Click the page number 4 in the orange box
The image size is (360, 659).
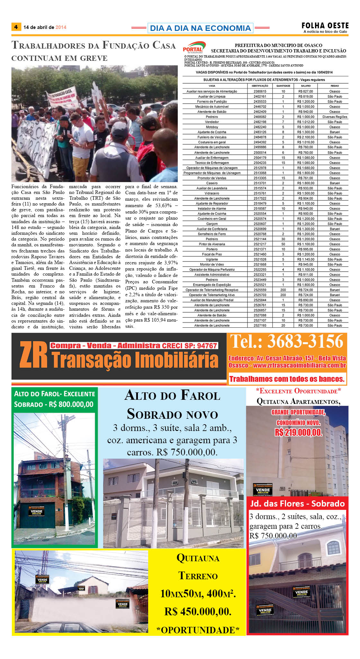click(16, 27)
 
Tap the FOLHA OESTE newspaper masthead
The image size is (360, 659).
click(325, 25)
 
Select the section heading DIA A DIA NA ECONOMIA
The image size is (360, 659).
click(200, 28)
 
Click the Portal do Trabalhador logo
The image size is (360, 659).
click(194, 48)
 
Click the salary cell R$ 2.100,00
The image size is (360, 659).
click(306, 137)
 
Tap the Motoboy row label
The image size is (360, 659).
click(212, 127)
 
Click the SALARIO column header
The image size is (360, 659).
click(306, 86)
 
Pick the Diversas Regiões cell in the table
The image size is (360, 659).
click(335, 117)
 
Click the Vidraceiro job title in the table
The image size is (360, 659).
click(212, 193)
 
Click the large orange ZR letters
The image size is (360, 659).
click(33, 355)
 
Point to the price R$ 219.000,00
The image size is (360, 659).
click(298, 432)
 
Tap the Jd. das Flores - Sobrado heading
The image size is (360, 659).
click(297, 504)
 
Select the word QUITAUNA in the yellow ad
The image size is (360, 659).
click(198, 558)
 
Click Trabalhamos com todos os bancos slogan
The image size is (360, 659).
click(287, 379)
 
